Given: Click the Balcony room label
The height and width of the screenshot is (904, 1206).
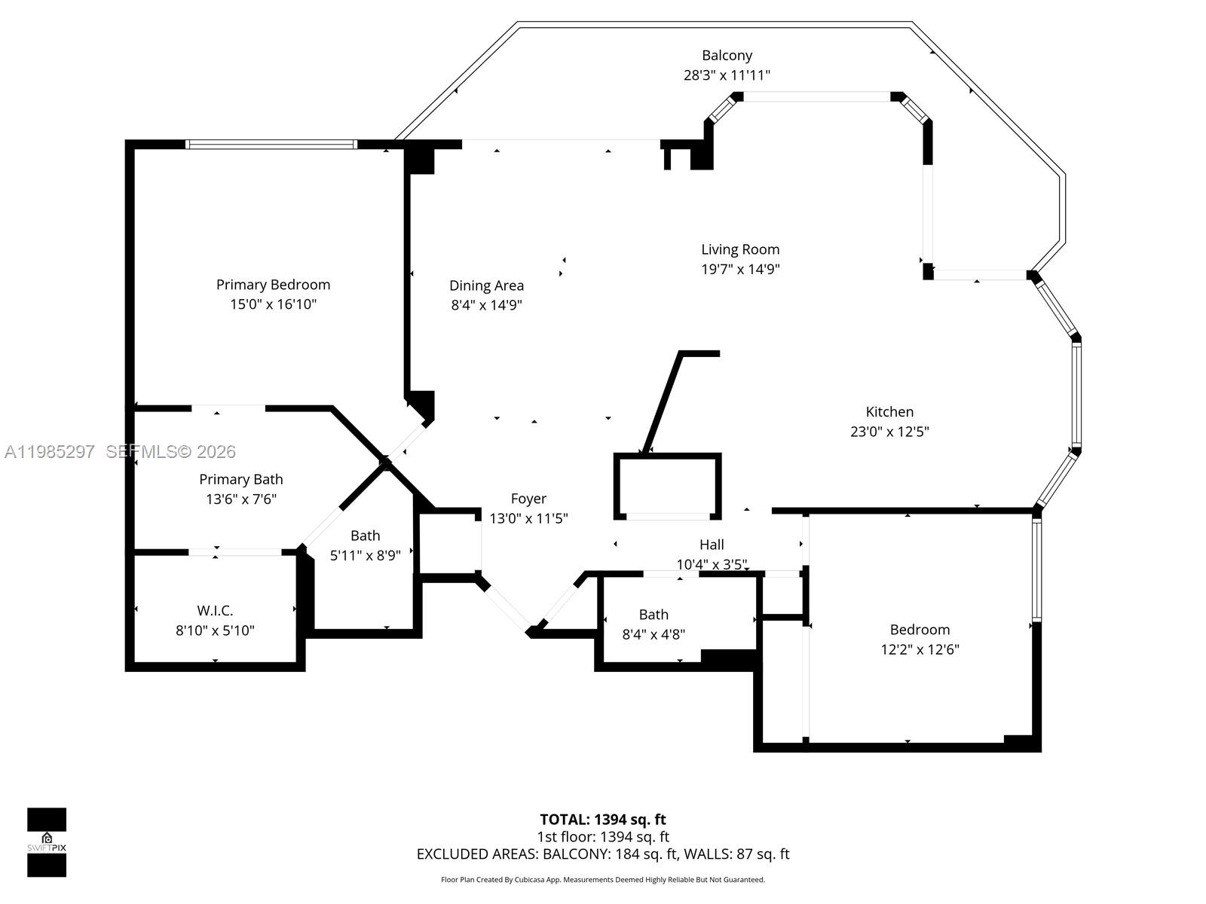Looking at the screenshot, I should click(727, 55).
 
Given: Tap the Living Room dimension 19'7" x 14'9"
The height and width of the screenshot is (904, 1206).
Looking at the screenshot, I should click(740, 269).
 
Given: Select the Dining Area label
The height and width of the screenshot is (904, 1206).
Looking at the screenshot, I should click(486, 286).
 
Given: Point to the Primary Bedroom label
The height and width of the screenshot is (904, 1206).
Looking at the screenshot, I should click(273, 285).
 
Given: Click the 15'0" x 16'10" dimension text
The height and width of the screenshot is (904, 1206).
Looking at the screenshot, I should click(273, 304).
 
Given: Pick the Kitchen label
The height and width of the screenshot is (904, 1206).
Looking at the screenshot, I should click(889, 411).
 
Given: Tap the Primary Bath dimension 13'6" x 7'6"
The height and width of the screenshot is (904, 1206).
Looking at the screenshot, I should click(241, 499).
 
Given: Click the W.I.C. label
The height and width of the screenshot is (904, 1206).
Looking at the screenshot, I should click(215, 610).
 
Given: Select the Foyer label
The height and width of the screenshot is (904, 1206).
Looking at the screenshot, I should click(528, 499).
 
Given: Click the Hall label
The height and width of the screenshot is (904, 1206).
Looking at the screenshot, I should click(712, 545).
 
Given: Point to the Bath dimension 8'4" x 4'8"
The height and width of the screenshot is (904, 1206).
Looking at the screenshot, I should click(654, 634).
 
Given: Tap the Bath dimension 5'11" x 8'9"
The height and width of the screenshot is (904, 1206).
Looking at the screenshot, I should click(366, 555).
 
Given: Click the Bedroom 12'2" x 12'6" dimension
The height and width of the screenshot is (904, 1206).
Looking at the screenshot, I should click(920, 649).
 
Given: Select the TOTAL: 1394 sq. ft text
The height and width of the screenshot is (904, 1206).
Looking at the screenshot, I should click(603, 819).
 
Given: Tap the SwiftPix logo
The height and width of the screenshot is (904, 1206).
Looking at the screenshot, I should click(47, 842).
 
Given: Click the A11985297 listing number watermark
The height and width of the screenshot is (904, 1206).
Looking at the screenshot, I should click(50, 451).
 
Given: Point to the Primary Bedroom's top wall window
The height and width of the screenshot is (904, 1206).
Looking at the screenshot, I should click(271, 144).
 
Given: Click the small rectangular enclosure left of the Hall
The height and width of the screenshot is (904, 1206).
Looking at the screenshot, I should click(668, 486).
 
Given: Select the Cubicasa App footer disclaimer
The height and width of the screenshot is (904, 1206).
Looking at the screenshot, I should click(603, 880).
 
